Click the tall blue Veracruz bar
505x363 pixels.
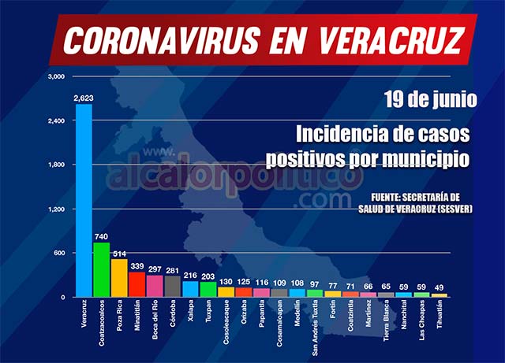[x=83, y=201]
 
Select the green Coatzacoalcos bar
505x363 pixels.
[x=102, y=269]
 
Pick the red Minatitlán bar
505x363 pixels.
[x=137, y=284]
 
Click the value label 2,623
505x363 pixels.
[x=83, y=98]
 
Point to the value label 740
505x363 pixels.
[x=102, y=236]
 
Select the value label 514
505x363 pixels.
[x=119, y=253]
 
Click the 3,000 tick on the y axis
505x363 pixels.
[x=55, y=77]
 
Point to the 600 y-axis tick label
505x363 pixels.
[x=60, y=254]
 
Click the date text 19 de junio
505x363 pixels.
[x=431, y=100]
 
